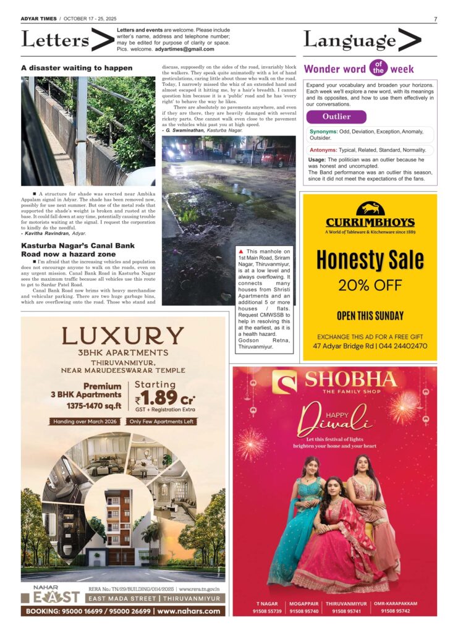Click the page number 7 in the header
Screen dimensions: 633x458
[x=435, y=19]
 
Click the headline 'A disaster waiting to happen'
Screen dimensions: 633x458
[x=77, y=68]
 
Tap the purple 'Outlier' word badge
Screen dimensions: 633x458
[x=336, y=117]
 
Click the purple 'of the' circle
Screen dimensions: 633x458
[x=378, y=68]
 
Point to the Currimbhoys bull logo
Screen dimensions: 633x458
[x=370, y=209]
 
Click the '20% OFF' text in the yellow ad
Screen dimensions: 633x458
[x=370, y=286]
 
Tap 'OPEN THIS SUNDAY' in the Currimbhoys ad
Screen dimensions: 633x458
[x=370, y=316]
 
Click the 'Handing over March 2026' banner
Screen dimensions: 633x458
[x=86, y=422]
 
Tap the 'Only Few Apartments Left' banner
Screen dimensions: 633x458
[x=161, y=422]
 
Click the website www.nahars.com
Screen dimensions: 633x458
[x=189, y=611]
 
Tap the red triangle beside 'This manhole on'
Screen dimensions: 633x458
[x=241, y=252]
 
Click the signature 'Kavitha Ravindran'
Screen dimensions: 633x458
[x=47, y=234]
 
